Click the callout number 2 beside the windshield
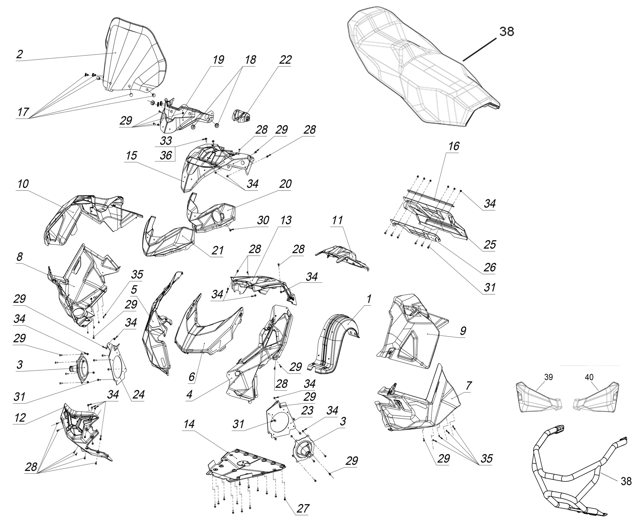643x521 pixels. pyautogui.click(x=20, y=54)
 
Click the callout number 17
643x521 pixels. pyautogui.click(x=23, y=112)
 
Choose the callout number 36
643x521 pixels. pyautogui.click(x=166, y=155)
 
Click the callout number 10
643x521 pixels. pyautogui.click(x=23, y=184)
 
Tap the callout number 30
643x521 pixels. pyautogui.click(x=263, y=220)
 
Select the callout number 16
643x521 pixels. pyautogui.click(x=454, y=146)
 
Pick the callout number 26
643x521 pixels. pyautogui.click(x=489, y=267)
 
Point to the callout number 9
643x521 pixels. pyautogui.click(x=463, y=331)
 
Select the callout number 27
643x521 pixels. pyautogui.click(x=303, y=508)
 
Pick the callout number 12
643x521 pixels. pyautogui.click(x=20, y=418)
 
